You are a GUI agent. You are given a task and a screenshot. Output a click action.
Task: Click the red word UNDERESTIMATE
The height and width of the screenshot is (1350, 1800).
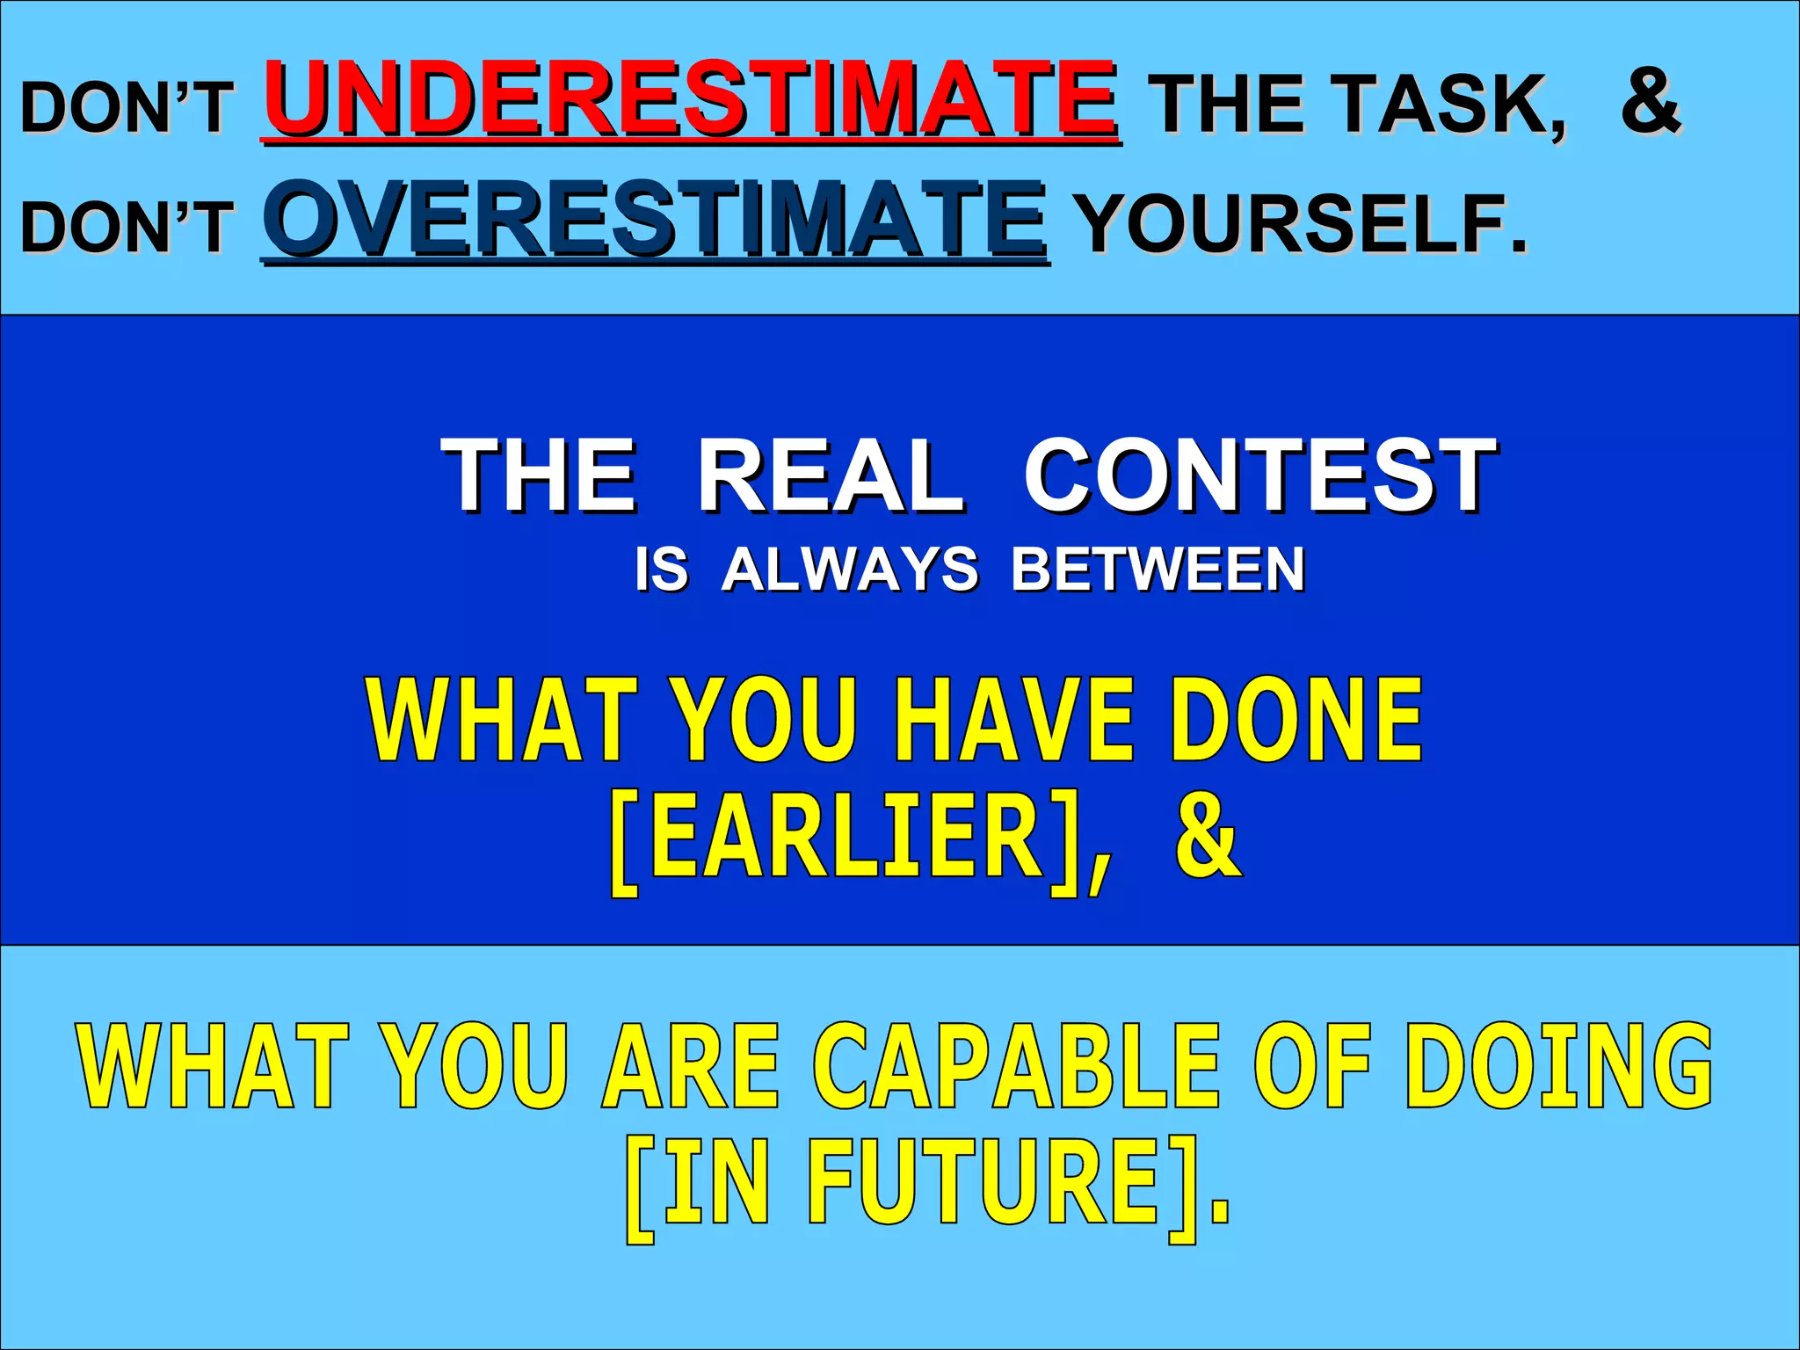coord(690,98)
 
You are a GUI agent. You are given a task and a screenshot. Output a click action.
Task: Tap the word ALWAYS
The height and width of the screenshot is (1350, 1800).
coord(849,570)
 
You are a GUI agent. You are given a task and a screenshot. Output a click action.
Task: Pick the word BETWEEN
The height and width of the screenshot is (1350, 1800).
coord(1158,570)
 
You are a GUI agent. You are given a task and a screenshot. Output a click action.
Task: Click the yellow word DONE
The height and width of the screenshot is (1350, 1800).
coord(1296,721)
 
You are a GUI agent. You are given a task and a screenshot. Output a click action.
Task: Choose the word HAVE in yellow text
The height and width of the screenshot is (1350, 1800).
coord(1015,721)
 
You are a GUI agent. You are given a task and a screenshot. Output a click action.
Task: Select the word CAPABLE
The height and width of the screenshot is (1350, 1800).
coord(1016,1066)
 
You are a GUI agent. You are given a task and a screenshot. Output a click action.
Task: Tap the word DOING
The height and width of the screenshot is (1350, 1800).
coord(1559,1066)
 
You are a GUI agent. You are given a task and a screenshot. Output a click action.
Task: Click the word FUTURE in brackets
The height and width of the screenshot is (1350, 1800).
coord(984,1182)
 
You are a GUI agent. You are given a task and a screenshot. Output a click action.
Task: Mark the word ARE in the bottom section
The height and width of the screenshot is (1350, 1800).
coord(691,1066)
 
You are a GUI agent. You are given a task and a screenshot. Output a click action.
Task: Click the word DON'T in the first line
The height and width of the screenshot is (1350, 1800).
coord(127,107)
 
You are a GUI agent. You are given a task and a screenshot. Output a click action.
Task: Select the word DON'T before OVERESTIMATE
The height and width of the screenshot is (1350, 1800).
coord(127,226)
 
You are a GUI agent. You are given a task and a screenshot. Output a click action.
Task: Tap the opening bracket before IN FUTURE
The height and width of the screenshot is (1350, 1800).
coord(640,1188)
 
